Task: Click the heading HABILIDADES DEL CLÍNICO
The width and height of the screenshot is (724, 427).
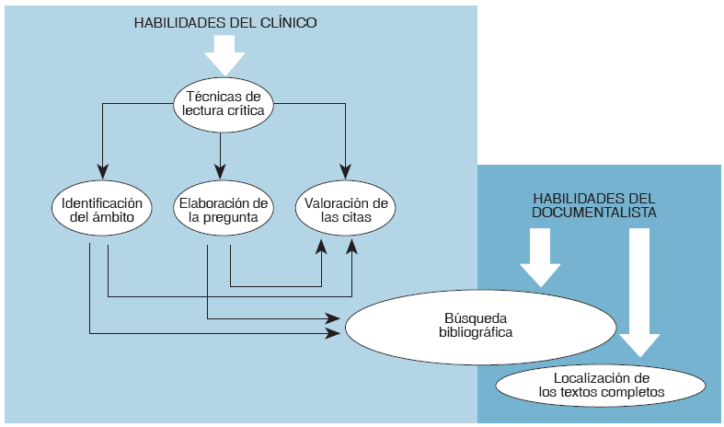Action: (224, 23)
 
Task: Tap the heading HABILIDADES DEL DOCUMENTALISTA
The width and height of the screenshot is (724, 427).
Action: (595, 205)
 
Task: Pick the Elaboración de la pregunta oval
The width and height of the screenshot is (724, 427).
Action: (221, 211)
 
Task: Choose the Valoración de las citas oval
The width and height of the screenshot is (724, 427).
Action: (345, 211)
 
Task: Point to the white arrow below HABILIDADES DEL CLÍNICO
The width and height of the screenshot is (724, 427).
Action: (224, 55)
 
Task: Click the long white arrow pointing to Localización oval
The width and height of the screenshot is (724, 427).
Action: (638, 291)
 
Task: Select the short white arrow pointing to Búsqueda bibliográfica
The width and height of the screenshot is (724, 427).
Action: (539, 258)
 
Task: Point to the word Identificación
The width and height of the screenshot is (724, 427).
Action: (101, 203)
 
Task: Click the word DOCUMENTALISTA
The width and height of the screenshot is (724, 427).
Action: (594, 212)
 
